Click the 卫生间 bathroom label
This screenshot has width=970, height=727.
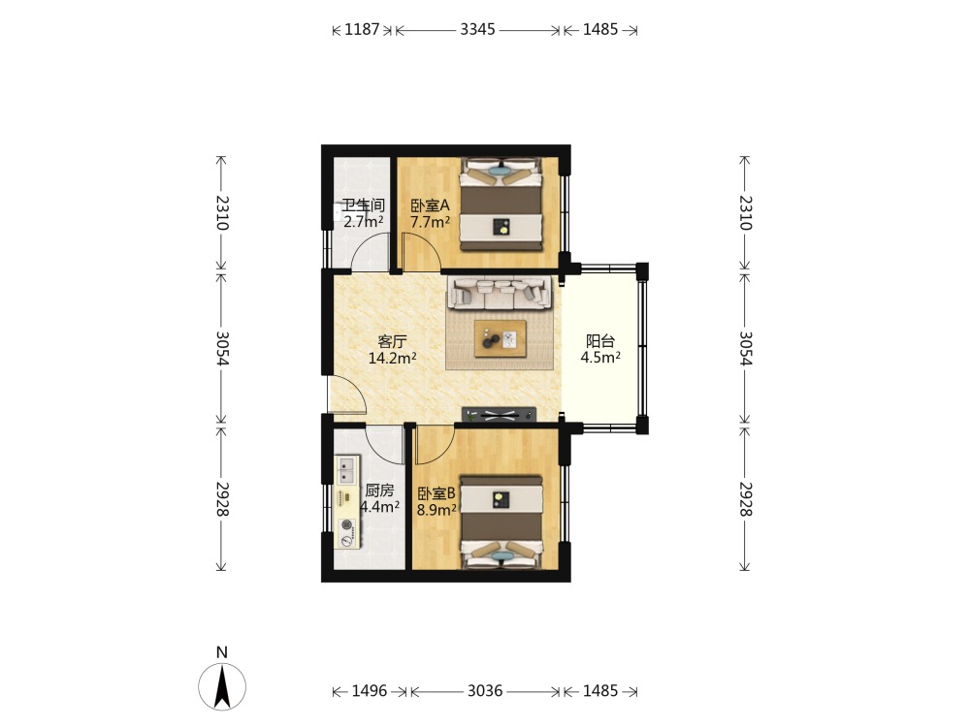tap(363, 205)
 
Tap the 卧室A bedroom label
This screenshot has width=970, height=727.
tap(430, 205)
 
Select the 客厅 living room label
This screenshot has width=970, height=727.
tap(392, 341)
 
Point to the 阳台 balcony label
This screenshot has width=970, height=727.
tap(600, 340)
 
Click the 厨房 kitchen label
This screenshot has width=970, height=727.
tap(379, 490)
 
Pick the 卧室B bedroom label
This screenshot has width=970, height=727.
tap(436, 493)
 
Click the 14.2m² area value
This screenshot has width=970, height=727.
tap(392, 358)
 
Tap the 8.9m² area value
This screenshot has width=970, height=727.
tap(436, 510)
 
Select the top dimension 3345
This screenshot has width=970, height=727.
tap(477, 29)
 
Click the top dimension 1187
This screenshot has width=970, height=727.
tap(362, 29)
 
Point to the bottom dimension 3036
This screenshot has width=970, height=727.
tap(485, 690)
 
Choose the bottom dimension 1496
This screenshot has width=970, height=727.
tap(370, 690)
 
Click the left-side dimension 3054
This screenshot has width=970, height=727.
tap(222, 349)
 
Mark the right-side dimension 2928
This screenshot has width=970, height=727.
tap(745, 499)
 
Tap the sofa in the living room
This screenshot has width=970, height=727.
tap(500, 293)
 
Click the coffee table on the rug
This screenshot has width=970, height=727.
tap(501, 338)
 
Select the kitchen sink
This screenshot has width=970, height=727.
tap(346, 470)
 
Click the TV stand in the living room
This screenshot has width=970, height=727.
tap(500, 415)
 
